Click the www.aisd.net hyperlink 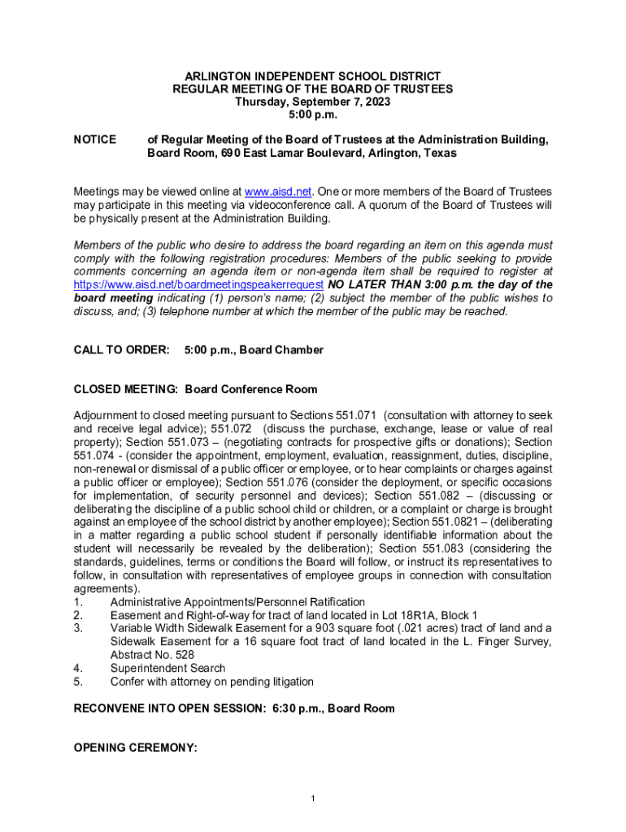279,192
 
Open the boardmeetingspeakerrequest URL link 199,284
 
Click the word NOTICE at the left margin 95,140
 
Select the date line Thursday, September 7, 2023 313,102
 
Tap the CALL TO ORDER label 122,349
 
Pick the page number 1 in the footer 313,799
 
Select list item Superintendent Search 168,668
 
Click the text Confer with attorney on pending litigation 212,682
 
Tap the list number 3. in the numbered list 79,628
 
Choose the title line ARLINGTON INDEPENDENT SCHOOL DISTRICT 313,76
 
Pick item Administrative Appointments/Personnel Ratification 237,602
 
